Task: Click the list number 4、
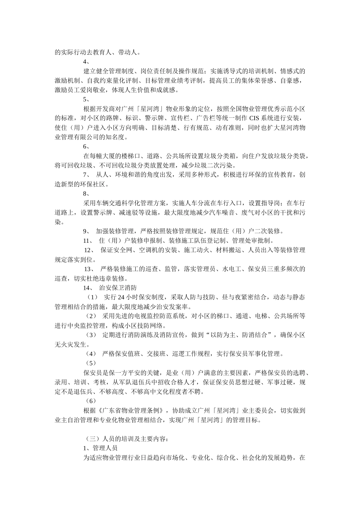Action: [x=86, y=61]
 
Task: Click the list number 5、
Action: [x=86, y=99]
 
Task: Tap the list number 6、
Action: [x=86, y=146]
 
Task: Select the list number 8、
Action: [x=86, y=194]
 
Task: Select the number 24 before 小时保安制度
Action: [x=121, y=297]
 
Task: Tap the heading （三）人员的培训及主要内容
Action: [x=125, y=439]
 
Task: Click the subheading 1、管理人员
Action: [x=100, y=448]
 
